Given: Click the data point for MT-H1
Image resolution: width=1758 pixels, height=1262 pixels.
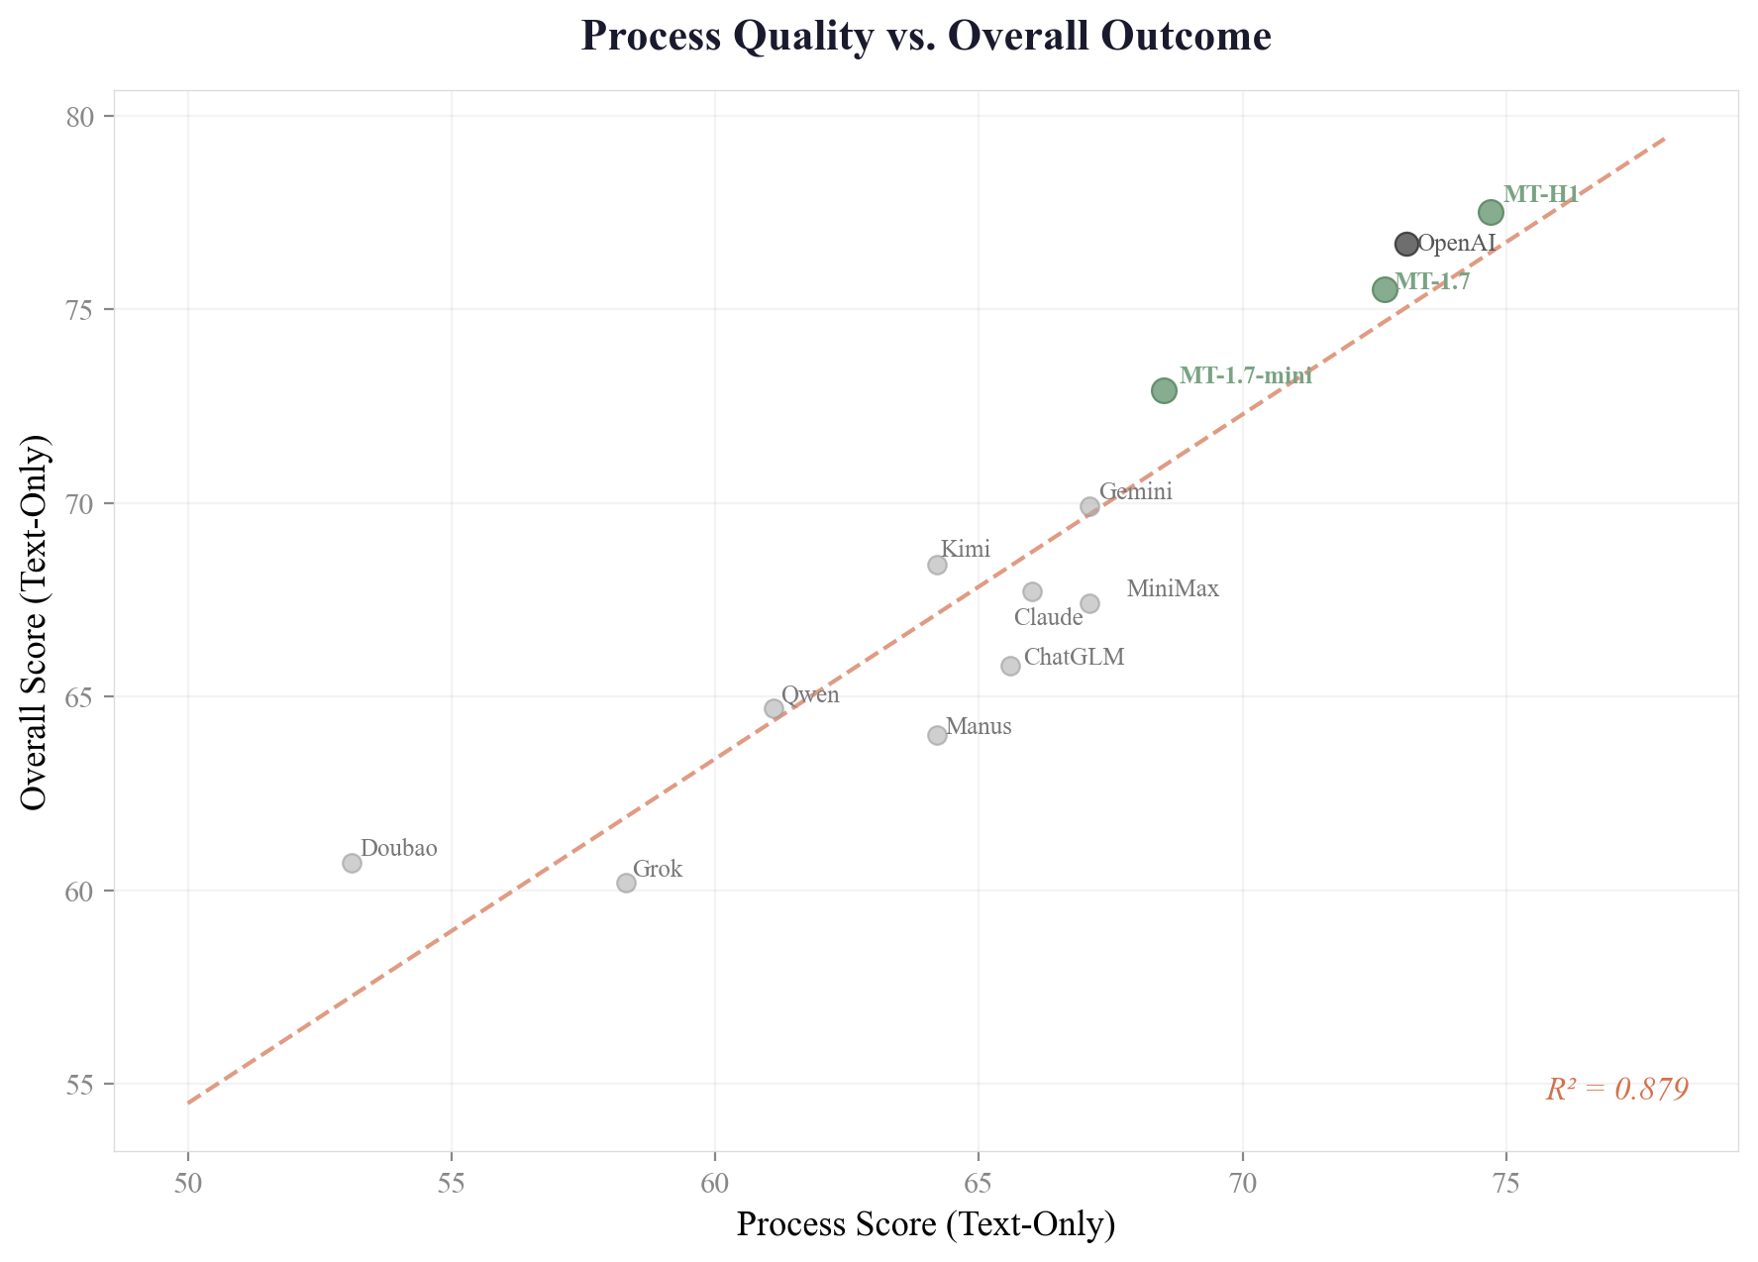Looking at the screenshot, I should click(x=1491, y=212).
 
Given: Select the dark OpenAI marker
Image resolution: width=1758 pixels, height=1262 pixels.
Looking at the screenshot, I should click(x=1406, y=244).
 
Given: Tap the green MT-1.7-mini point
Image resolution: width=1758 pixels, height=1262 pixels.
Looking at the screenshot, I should click(x=1164, y=390).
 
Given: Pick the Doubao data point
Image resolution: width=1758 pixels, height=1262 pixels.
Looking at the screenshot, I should click(x=352, y=863).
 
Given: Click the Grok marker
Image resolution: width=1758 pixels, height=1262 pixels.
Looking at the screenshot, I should click(x=626, y=883).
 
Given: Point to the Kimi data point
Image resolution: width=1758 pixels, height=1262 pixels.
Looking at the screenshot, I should click(x=937, y=565).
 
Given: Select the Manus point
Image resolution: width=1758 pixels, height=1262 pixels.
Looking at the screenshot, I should click(x=937, y=735).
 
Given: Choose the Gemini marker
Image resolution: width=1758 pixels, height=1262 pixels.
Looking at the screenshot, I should click(x=1089, y=506).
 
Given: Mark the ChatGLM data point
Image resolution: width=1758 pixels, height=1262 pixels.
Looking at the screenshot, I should click(x=1010, y=666).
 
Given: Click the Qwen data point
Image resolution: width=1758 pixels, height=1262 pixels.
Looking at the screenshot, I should click(x=774, y=708).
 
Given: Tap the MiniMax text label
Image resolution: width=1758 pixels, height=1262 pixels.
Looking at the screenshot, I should click(x=1173, y=589).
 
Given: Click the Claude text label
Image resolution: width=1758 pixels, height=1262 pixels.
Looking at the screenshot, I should click(x=1048, y=618).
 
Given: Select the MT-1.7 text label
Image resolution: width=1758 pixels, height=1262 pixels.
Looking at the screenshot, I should click(x=1432, y=281).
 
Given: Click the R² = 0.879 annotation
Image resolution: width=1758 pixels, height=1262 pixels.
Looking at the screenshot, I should click(x=1616, y=1090).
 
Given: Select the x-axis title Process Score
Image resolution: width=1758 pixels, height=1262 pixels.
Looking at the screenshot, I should click(x=926, y=1224).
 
